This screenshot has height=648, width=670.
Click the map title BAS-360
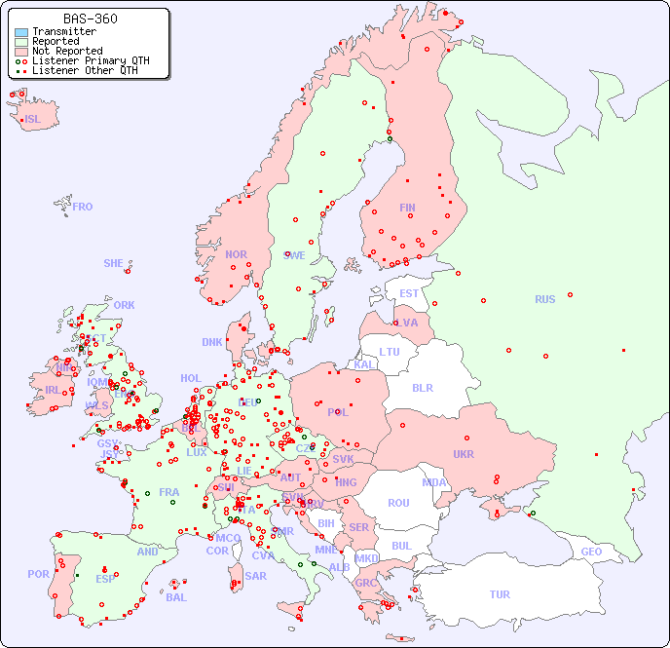click(x=91, y=19)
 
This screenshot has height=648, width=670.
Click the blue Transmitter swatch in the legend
click(x=21, y=31)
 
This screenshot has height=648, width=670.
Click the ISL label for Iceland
click(x=33, y=120)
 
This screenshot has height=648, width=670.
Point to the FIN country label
click(x=407, y=208)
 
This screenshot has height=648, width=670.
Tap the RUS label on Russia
click(x=544, y=299)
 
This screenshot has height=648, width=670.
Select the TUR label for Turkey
click(x=500, y=594)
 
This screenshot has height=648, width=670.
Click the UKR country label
click(x=463, y=454)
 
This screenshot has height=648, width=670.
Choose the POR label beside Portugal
click(x=38, y=574)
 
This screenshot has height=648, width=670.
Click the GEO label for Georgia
click(x=591, y=552)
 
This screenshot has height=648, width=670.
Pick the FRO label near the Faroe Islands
click(x=82, y=207)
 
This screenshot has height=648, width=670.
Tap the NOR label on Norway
click(x=236, y=254)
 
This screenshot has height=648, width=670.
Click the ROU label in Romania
click(x=398, y=503)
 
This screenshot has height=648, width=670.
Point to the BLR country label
click(x=422, y=387)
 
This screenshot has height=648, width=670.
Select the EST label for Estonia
click(x=409, y=293)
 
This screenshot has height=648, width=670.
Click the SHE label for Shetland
click(x=114, y=263)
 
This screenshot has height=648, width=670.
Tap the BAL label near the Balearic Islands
click(x=175, y=597)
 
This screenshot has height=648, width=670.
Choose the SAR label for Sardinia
click(x=255, y=576)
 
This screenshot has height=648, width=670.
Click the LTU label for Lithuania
click(x=390, y=352)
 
